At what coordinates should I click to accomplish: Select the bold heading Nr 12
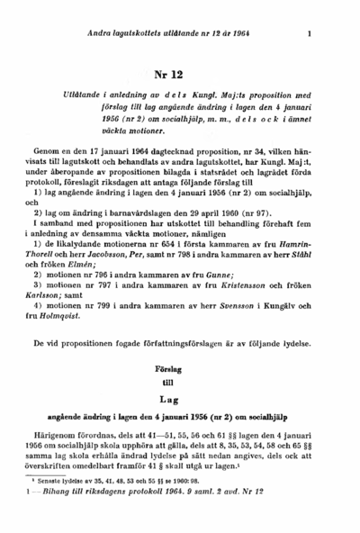coord(180,75)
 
